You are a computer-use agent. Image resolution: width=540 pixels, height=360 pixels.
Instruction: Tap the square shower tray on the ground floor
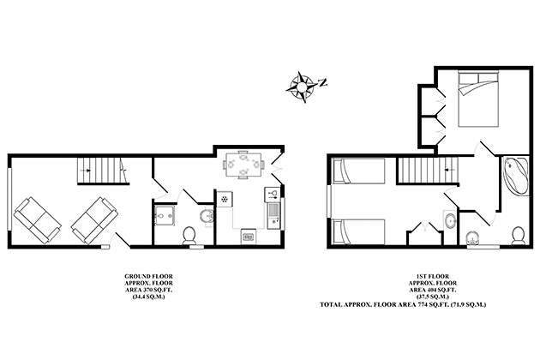click(165, 216)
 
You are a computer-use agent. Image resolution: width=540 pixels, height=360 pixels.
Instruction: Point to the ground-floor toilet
click(190, 234)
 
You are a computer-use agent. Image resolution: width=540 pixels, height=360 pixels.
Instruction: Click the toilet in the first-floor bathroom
click(518, 234)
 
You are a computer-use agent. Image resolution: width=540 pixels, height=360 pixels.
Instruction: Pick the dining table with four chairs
click(243, 163)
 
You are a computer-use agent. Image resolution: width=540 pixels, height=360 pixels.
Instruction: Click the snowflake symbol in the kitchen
click(226, 199)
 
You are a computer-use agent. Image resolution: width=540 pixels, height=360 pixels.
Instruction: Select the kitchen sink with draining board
click(273, 211)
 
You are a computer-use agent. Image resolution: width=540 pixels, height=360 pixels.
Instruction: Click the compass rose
click(303, 84)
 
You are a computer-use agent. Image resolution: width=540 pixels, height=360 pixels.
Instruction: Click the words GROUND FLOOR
click(147, 276)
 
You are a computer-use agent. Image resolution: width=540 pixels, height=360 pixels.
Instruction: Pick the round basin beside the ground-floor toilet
click(206, 215)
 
